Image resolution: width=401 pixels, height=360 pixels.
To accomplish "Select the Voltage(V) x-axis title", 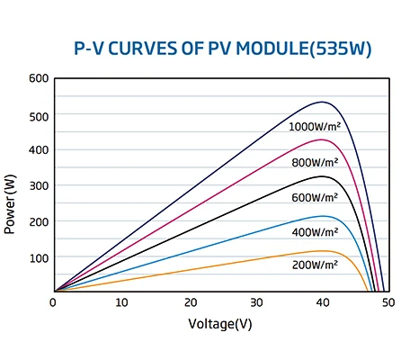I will click(220, 323).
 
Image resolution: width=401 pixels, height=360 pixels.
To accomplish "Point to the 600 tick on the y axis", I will click(37, 78).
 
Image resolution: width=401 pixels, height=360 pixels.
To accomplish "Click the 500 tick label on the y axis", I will click(37, 115).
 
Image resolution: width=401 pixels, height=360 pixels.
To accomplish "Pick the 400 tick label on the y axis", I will click(37, 150).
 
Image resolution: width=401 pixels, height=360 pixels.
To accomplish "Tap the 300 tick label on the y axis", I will click(37, 185).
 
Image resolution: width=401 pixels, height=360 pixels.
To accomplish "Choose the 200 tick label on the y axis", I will click(37, 221).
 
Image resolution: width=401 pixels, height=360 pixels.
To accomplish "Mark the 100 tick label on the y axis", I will click(37, 257).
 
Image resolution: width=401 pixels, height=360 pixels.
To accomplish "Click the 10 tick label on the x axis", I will click(122, 303).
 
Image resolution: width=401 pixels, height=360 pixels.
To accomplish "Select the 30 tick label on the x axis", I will click(256, 303).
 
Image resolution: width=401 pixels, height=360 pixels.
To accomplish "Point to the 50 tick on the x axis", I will click(388, 303).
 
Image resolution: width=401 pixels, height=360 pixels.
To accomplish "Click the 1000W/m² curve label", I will click(314, 127).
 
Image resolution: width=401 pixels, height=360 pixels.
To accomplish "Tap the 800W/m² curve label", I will click(315, 163).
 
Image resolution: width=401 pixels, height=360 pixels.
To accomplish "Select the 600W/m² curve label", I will click(315, 197).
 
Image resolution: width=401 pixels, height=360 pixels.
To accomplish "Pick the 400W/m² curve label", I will click(315, 232).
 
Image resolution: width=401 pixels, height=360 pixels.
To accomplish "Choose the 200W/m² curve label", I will click(315, 265).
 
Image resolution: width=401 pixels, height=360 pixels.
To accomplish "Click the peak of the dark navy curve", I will click(322, 102).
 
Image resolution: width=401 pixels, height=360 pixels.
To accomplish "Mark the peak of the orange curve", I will click(322, 251).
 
